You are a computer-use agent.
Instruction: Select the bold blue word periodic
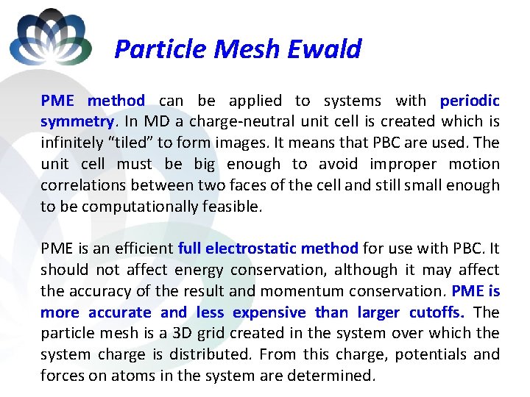point(470,101)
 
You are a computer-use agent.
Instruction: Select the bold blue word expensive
point(269,312)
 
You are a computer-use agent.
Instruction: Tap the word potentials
point(428,355)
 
